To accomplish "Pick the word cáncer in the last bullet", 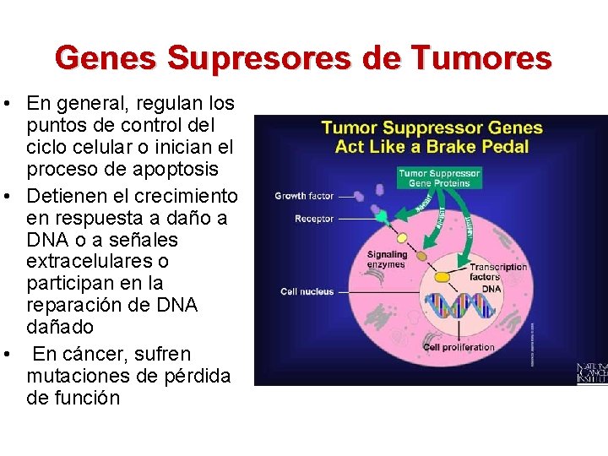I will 111,354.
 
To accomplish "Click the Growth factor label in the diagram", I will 304,196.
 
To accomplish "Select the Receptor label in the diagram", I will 314,219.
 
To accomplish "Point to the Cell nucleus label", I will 307,291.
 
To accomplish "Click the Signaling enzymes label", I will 387,259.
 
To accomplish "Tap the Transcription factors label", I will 498,272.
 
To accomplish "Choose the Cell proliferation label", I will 459,347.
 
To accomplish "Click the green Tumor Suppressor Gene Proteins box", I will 438,177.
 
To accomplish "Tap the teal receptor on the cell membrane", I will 383,218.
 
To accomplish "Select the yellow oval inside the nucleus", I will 442,277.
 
